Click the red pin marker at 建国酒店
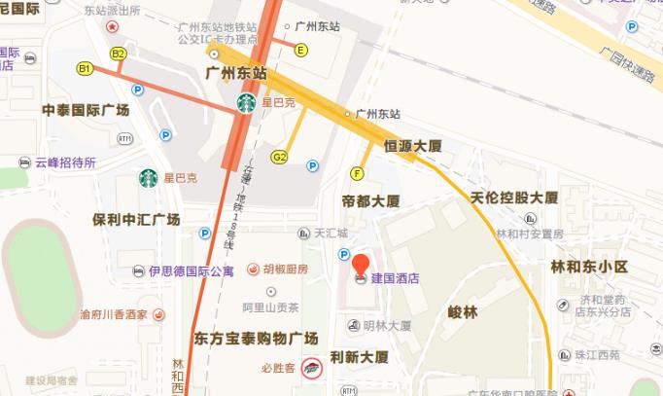(x=360, y=265)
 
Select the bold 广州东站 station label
(x=236, y=73)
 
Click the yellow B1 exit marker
(x=86, y=68)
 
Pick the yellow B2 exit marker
(x=119, y=54)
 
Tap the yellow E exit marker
(x=301, y=50)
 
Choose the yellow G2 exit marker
(x=280, y=157)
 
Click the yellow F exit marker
(x=358, y=174)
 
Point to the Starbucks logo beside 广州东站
(x=246, y=102)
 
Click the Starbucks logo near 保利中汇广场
(x=148, y=179)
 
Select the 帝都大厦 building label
(x=371, y=201)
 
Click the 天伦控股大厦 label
(x=514, y=198)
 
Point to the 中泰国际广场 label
(x=86, y=110)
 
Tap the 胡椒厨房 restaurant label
(x=285, y=269)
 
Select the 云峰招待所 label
(x=65, y=162)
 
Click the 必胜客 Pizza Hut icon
(x=311, y=368)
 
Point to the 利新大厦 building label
(x=360, y=358)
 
